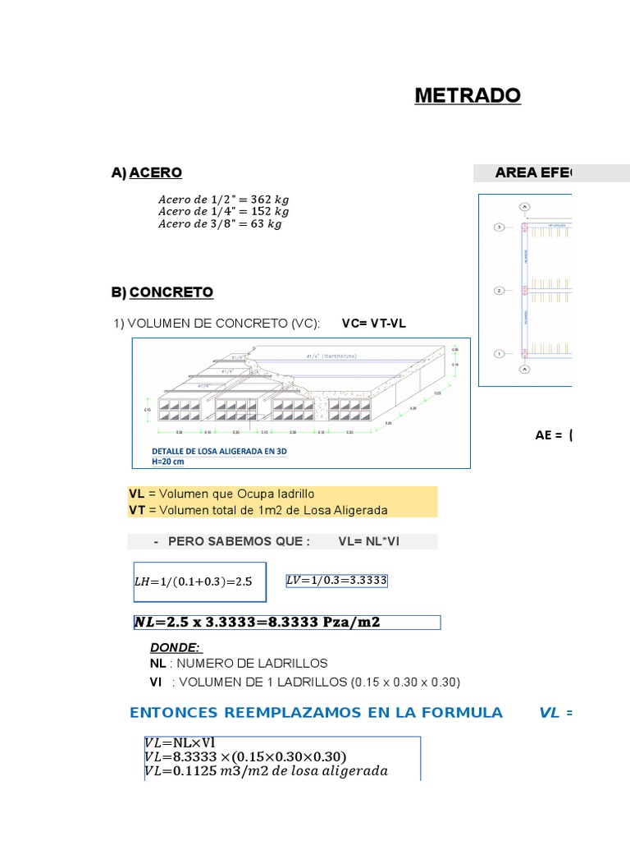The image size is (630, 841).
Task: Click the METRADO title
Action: [x=467, y=95]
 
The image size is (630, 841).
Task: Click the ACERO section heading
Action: [x=155, y=172]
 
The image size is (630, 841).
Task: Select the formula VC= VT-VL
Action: [x=374, y=324]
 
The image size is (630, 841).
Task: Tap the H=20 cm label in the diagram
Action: [x=168, y=461]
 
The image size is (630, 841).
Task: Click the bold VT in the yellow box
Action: [x=137, y=510]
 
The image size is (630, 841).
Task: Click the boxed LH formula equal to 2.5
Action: [x=199, y=581]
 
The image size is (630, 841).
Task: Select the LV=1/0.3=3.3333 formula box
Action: [x=336, y=581]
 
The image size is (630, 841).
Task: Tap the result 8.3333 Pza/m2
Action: [x=326, y=622]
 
